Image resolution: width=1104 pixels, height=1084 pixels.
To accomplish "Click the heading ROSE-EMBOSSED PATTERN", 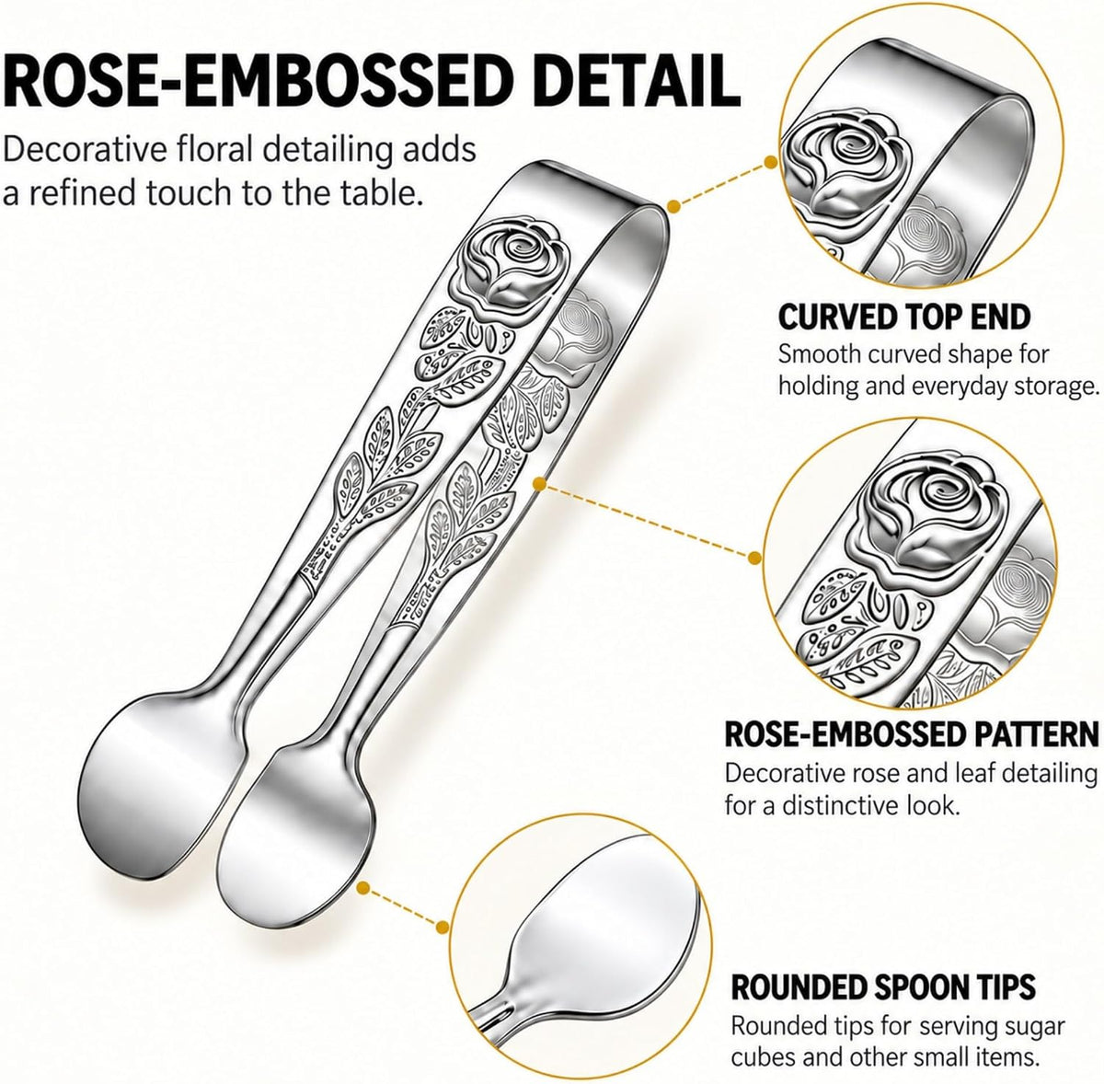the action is tap(912, 734).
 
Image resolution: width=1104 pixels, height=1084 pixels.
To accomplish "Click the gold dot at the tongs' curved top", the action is tap(673, 205).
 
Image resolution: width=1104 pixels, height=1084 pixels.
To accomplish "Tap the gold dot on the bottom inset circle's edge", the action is tap(442, 943).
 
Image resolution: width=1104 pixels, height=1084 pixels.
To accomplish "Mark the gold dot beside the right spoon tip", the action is tap(362, 905).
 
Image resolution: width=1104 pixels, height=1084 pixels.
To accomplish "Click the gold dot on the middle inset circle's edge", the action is tap(755, 557).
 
